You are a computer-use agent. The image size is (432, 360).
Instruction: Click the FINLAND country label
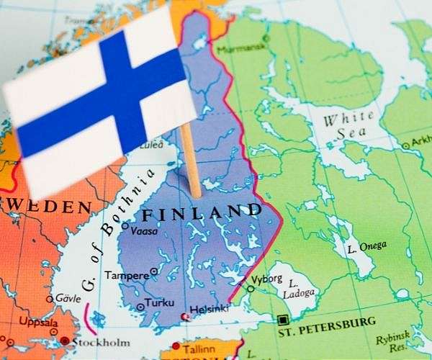(x=202, y=212)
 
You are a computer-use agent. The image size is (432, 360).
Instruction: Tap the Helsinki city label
(x=210, y=309)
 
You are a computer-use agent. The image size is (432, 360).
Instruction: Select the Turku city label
(x=159, y=303)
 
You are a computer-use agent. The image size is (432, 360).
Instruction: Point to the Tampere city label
(x=127, y=275)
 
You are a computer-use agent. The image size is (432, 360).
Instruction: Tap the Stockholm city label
(x=101, y=341)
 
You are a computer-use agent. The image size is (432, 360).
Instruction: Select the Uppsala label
(x=37, y=321)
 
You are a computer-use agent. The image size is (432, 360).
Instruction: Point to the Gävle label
(x=68, y=297)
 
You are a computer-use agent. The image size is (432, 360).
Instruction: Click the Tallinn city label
(x=199, y=348)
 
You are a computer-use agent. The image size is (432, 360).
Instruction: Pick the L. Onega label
(x=366, y=246)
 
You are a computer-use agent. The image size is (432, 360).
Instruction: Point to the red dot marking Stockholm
(x=66, y=341)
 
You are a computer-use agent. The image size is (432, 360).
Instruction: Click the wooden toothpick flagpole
(x=191, y=158)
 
